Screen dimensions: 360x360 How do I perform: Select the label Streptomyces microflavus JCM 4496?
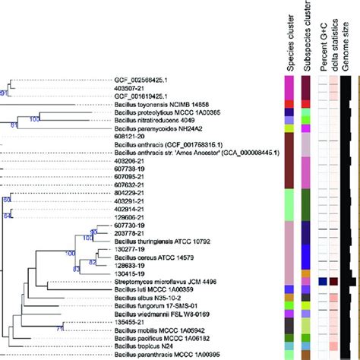point(164,281)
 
